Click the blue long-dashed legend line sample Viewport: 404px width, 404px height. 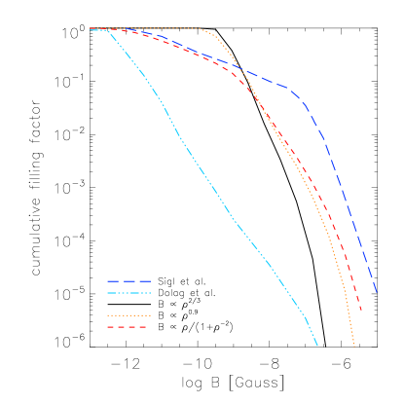tap(129, 281)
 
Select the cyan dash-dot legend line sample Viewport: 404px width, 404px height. tap(129, 293)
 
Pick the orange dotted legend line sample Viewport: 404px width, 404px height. tap(129, 315)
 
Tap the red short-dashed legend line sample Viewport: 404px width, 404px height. tap(127, 327)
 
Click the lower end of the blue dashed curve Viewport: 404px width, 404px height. tap(377, 293)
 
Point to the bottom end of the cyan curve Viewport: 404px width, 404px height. tap(317, 345)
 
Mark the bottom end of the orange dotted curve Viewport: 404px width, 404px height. tap(354, 346)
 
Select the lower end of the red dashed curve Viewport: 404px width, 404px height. tap(361, 311)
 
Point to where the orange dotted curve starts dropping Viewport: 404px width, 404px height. tap(202, 29)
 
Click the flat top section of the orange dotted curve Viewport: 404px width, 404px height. tap(156, 28)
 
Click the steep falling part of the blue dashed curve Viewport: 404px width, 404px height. tap(341, 185)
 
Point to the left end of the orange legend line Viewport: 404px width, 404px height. tap(107, 315)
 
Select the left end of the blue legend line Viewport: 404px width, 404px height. tap(107, 281)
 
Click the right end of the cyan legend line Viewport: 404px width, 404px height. tap(151, 293)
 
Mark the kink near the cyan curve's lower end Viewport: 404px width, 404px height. tap(306, 317)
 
